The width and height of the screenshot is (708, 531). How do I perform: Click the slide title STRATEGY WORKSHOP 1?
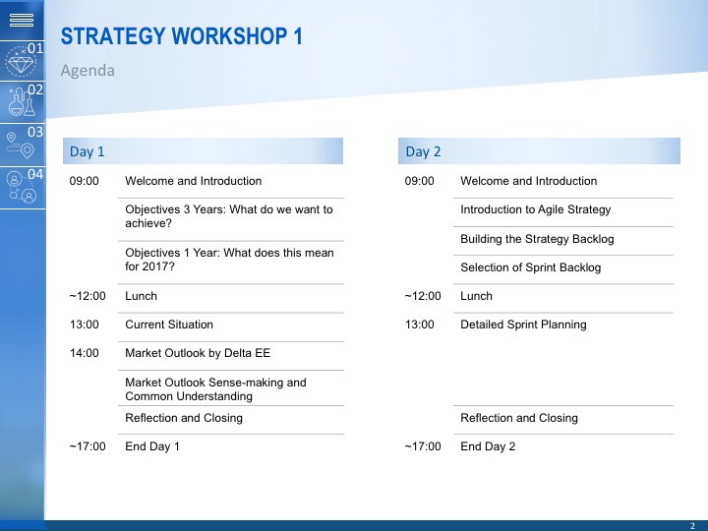tap(182, 36)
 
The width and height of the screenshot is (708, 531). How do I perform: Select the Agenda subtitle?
tap(88, 71)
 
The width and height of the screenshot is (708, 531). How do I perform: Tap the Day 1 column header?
tap(87, 151)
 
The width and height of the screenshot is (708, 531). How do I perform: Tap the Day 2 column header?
tap(423, 151)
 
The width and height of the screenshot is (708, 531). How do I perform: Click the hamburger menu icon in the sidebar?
tap(22, 20)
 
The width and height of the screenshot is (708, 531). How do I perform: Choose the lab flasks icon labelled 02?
tap(22, 102)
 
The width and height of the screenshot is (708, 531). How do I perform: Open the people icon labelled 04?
tap(22, 187)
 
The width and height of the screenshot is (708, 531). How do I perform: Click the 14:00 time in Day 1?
tap(84, 353)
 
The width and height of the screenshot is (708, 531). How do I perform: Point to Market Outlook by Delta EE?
tap(198, 353)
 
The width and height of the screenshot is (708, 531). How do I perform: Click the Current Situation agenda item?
tap(169, 324)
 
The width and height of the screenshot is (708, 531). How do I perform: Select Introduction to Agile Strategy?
tap(536, 210)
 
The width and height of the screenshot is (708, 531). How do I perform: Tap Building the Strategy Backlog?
tap(537, 239)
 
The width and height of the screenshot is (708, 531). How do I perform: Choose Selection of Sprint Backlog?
tap(531, 267)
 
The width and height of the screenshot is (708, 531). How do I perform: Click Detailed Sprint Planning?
tap(523, 324)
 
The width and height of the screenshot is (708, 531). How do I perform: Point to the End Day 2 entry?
tap(488, 446)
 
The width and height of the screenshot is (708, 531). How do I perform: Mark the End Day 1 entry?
tap(152, 446)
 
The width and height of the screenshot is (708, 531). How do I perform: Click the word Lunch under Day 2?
tap(476, 296)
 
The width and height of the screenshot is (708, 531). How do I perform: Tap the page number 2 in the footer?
tap(692, 526)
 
